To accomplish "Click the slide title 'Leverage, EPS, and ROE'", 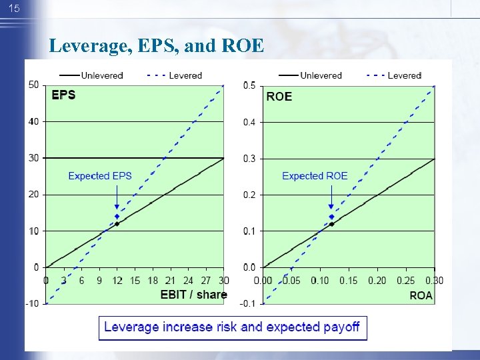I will point(157,46).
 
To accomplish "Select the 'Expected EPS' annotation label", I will point(100,176).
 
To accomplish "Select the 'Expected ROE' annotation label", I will point(315,176).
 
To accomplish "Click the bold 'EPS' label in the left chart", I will point(64,95).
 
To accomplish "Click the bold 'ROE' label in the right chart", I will point(279,96).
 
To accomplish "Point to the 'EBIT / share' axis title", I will point(193,294).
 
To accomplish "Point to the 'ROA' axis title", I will point(421,295).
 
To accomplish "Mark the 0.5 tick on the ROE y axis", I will point(249,85).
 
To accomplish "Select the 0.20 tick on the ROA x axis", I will point(378,280).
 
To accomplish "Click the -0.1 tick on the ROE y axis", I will point(248,304).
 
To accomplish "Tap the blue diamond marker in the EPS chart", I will point(117,217).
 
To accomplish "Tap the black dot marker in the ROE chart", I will point(332,224).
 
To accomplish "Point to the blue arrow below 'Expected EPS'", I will point(117,197).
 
